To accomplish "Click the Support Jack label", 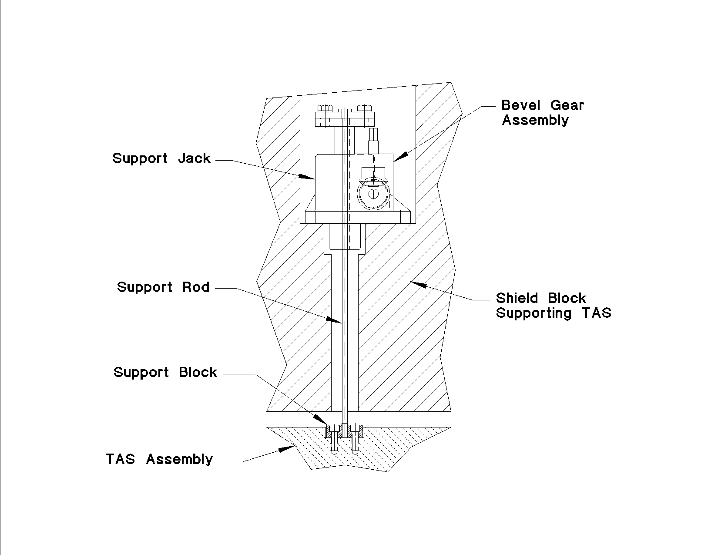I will click(161, 158).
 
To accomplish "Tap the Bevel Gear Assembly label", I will click(542, 112).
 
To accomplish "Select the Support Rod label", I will click(163, 287).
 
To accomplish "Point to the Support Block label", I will click(165, 373).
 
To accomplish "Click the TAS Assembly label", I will click(159, 459).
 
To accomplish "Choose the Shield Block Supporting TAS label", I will click(554, 306).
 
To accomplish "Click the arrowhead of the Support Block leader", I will click(322, 420).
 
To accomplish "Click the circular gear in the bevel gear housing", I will click(373, 195).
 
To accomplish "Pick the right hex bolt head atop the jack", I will click(363, 108).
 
